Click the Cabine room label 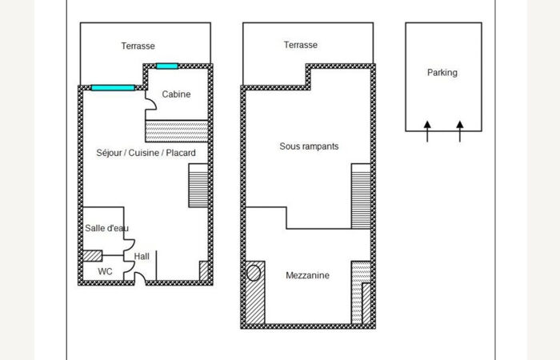point(176,94)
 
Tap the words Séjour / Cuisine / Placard point(146,153)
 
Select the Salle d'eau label point(106,228)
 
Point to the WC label point(105,272)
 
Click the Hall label point(142,257)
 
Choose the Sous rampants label point(309,146)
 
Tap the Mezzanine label point(307,275)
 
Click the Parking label point(442,73)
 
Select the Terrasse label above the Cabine point(138,46)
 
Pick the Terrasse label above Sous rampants point(300,45)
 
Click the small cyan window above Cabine point(167,66)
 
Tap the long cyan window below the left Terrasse point(113,88)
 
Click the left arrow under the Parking point(427,131)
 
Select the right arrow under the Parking point(460,131)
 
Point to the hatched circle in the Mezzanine point(254,274)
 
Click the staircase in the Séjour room point(198,186)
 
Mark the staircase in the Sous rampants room point(361,196)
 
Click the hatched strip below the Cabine point(177,131)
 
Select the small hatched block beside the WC point(93,256)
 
